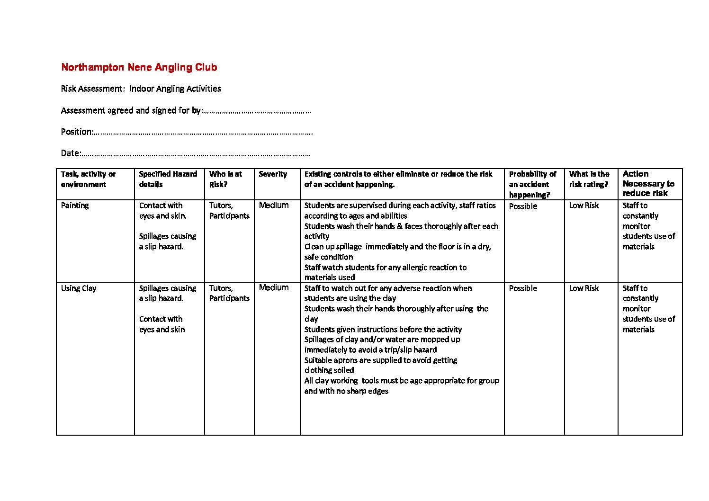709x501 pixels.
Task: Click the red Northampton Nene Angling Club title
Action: tap(139, 67)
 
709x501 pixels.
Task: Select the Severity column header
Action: tap(273, 174)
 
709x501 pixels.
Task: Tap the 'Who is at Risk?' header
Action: tap(225, 179)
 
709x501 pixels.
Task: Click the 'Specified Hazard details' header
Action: tap(168, 179)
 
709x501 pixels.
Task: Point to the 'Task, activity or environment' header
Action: tap(88, 179)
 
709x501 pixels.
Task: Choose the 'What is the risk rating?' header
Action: tap(589, 179)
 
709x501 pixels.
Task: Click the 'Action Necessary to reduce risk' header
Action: tap(648, 184)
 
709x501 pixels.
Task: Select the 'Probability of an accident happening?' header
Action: tap(532, 184)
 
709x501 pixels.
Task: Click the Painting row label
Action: tap(75, 206)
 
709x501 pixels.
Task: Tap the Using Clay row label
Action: tap(79, 288)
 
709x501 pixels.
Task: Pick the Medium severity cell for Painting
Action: tap(274, 205)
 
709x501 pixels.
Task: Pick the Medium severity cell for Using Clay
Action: tap(274, 287)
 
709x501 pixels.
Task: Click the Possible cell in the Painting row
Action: tap(523, 206)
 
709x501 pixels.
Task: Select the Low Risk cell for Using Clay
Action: tap(583, 288)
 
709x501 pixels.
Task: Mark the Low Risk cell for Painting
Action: tap(583, 206)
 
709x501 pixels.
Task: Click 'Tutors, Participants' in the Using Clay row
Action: tap(229, 293)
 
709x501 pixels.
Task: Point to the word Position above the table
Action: tap(76, 132)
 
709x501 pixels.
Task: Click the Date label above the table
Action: tap(70, 153)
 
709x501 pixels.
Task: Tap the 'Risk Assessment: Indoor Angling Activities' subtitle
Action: tap(141, 89)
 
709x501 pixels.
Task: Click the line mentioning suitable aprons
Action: tap(381, 360)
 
